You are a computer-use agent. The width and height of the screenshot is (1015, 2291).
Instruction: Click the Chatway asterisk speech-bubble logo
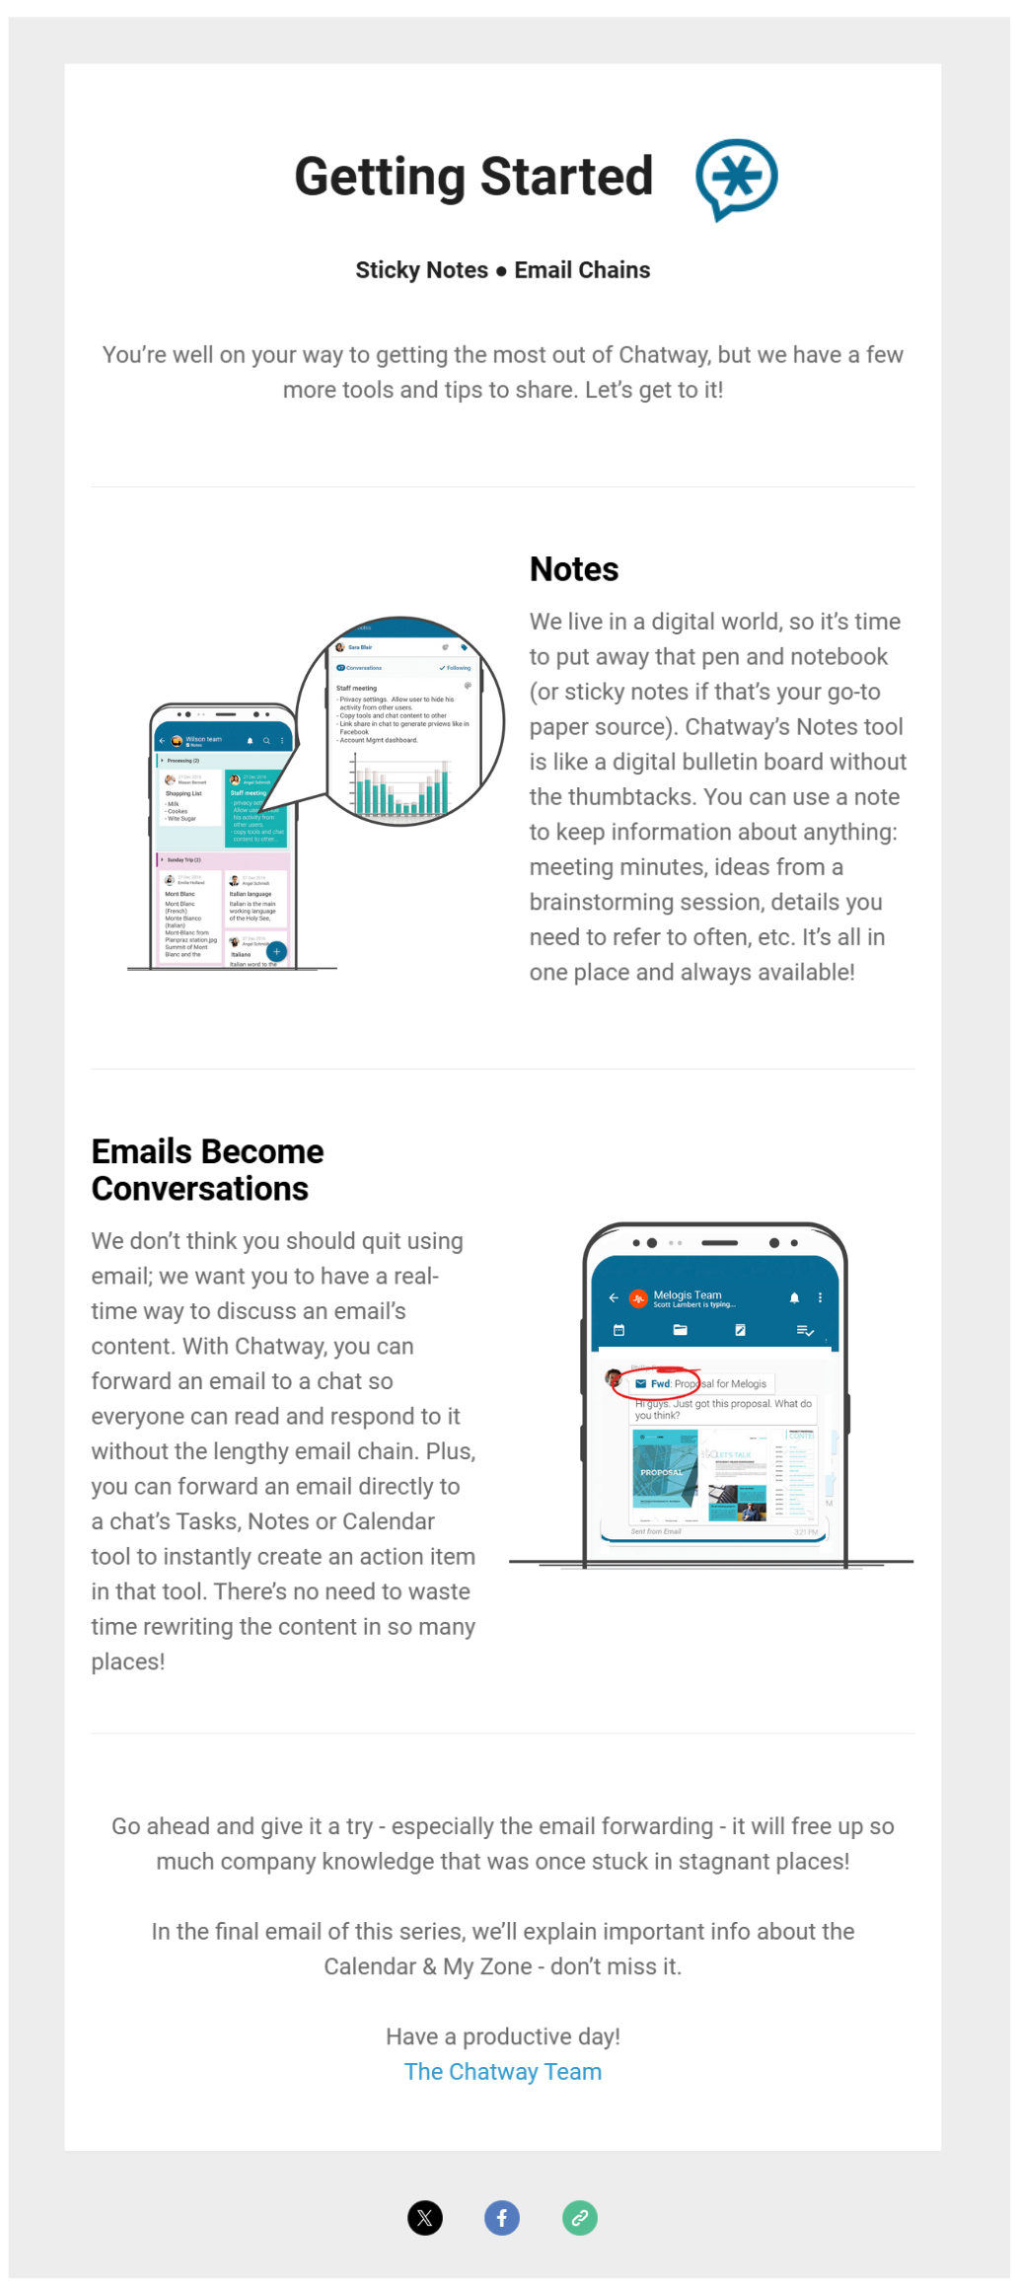pyautogui.click(x=736, y=179)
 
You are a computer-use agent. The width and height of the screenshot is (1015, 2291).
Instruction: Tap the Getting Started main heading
pyautogui.click(x=473, y=177)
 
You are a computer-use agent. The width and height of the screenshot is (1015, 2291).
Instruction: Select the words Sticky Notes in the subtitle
pyautogui.click(x=421, y=270)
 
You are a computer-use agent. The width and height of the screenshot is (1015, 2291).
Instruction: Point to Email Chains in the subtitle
pyautogui.click(x=582, y=270)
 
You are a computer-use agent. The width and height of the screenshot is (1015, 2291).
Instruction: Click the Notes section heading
pyautogui.click(x=573, y=569)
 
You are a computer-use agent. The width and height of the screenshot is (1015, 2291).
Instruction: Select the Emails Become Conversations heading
pyautogui.click(x=207, y=1169)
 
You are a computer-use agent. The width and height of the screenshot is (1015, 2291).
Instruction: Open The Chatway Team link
pyautogui.click(x=502, y=2071)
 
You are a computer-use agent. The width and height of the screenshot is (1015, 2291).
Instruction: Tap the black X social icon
pyautogui.click(x=425, y=2218)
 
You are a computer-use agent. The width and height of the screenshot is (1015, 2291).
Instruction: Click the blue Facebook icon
pyautogui.click(x=501, y=2218)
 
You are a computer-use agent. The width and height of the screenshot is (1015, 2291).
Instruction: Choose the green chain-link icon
pyautogui.click(x=580, y=2218)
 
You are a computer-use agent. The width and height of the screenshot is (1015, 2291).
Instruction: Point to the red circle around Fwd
pyautogui.click(x=656, y=1382)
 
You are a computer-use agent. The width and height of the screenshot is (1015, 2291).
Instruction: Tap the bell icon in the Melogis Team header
pyautogui.click(x=794, y=1297)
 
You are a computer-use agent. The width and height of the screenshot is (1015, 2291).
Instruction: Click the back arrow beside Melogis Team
pyautogui.click(x=614, y=1297)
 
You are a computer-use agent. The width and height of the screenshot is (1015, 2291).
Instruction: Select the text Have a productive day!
pyautogui.click(x=502, y=2036)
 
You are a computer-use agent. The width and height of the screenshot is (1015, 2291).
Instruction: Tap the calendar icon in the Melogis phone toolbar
pyautogui.click(x=619, y=1330)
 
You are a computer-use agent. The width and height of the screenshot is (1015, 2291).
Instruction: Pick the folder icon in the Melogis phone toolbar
pyautogui.click(x=680, y=1330)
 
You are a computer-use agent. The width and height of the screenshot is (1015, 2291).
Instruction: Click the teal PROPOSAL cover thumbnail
pyautogui.click(x=664, y=1468)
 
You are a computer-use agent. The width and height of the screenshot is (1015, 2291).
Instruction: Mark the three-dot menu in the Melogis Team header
pyautogui.click(x=820, y=1297)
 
